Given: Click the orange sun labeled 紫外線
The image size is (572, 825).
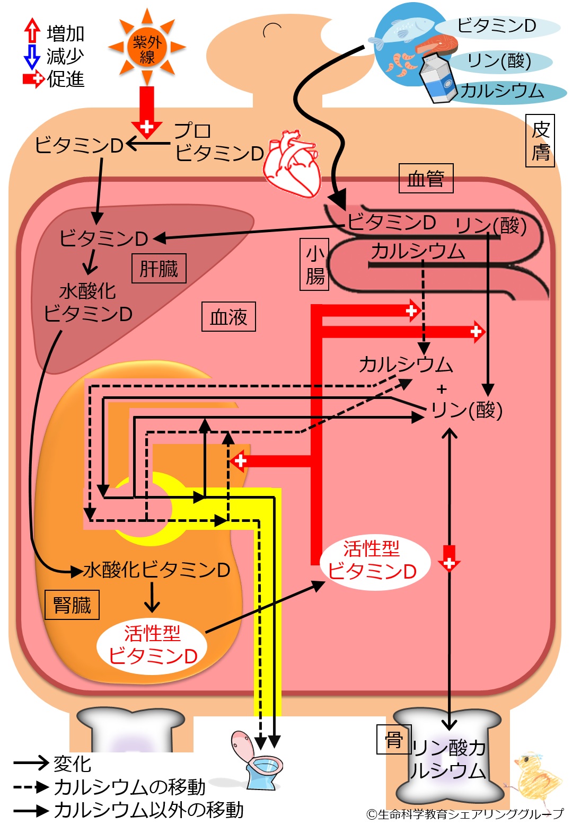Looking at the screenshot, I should click(x=147, y=48).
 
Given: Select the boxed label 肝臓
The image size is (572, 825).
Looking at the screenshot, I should click(x=159, y=269).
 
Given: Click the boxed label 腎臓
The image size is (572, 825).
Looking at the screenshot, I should click(x=72, y=605).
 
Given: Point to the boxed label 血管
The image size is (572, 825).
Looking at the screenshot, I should click(x=426, y=179).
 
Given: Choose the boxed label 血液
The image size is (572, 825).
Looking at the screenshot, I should click(x=228, y=317).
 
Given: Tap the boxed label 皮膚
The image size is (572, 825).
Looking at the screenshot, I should click(x=540, y=141).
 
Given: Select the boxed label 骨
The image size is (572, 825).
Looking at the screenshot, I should click(x=394, y=740).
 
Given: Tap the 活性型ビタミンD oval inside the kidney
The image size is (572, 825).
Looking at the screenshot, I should click(x=153, y=645).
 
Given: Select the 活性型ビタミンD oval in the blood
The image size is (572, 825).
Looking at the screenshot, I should click(x=373, y=561).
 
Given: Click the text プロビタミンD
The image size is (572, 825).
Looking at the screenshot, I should click(x=218, y=142).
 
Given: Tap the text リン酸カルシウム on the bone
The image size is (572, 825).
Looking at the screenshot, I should click(x=448, y=759).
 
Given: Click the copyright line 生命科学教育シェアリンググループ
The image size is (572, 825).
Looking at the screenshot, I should click(x=465, y=814).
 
